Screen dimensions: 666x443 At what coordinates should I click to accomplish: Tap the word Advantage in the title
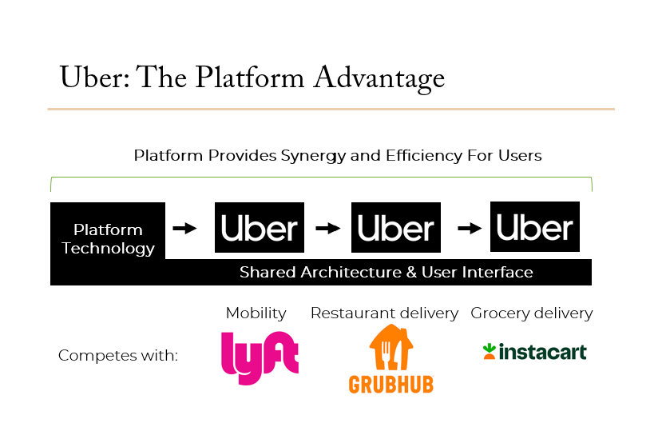tap(379, 78)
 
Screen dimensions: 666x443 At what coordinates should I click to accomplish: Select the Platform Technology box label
tap(108, 239)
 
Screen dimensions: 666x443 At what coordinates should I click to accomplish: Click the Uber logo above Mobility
tap(259, 227)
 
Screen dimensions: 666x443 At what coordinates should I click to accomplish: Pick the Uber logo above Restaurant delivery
tap(396, 227)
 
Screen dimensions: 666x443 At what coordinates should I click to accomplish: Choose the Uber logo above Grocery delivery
tap(535, 226)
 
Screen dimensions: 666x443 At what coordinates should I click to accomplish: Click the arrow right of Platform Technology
tap(184, 229)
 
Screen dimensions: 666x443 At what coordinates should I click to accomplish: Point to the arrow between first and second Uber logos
tap(328, 229)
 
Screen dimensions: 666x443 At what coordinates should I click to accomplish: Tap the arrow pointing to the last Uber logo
tap(470, 229)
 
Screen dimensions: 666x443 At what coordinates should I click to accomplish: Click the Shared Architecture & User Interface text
tap(386, 272)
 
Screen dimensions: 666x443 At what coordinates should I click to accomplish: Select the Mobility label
tap(256, 313)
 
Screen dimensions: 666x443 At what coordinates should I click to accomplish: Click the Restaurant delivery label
tap(384, 313)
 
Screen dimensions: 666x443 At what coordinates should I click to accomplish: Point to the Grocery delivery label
tap(531, 313)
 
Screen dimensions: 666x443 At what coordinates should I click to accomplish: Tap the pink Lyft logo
tap(260, 357)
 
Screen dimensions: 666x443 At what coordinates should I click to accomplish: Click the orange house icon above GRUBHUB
tap(391, 347)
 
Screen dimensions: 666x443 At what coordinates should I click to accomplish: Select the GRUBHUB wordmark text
tap(391, 385)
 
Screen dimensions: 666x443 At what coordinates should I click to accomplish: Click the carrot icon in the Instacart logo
tap(490, 352)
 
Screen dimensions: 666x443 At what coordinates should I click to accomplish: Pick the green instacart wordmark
tap(543, 352)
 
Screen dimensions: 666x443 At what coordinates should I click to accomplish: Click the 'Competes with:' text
tap(118, 355)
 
